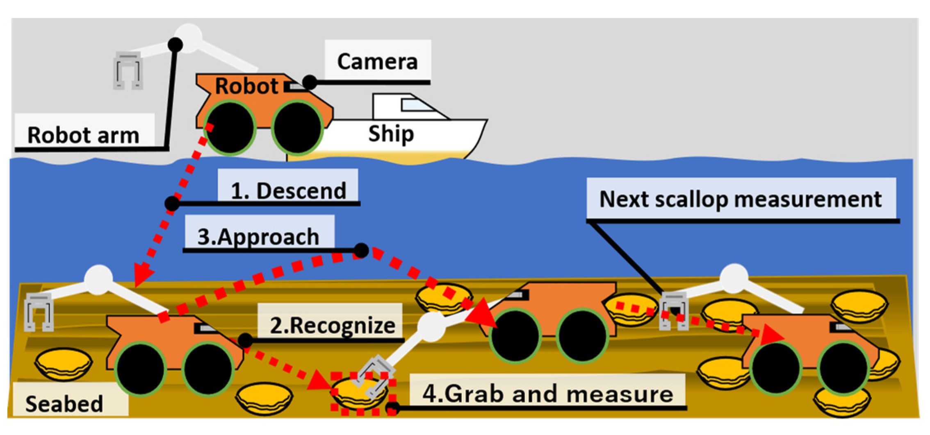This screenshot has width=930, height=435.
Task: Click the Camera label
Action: pyautogui.click(x=377, y=61)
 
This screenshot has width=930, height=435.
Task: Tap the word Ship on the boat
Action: pyautogui.click(x=391, y=134)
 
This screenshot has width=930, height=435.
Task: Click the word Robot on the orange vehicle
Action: pyautogui.click(x=247, y=86)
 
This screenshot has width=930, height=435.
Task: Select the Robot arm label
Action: pyautogui.click(x=83, y=135)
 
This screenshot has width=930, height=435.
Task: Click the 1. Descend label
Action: pyautogui.click(x=288, y=190)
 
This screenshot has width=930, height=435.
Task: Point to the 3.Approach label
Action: pyautogui.click(x=258, y=236)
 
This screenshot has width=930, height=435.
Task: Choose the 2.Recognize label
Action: pyautogui.click(x=333, y=325)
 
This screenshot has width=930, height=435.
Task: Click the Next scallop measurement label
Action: pyautogui.click(x=741, y=199)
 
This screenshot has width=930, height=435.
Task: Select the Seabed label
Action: pyautogui.click(x=64, y=403)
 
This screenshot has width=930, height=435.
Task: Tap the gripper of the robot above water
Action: pyautogui.click(x=128, y=71)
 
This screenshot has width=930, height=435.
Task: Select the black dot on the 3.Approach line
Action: pyautogui.click(x=361, y=250)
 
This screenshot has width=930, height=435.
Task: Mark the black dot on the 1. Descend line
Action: pyautogui.click(x=172, y=203)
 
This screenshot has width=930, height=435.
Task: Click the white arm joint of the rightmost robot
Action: pyautogui.click(x=734, y=278)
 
